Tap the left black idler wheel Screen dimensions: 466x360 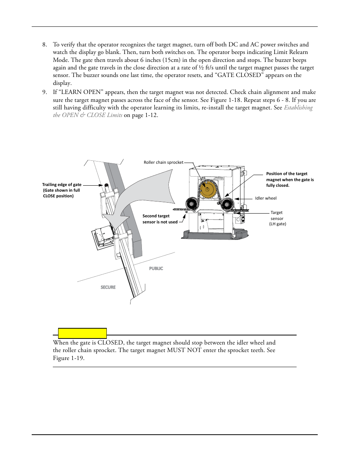192,204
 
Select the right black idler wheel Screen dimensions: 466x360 227,204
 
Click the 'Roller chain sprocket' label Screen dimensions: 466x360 163,163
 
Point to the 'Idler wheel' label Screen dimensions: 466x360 266,198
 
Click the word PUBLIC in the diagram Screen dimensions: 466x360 156,269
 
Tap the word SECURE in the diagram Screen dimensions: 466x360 108,288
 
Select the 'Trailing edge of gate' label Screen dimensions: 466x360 62,185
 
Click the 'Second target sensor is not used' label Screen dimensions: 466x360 160,219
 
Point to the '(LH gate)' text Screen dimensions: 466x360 277,224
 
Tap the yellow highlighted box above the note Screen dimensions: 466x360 82,333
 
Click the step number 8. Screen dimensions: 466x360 45,45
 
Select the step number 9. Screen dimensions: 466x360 45,92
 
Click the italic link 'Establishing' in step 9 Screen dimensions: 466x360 298,108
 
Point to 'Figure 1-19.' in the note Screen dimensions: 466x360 69,358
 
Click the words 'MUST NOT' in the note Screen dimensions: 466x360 184,351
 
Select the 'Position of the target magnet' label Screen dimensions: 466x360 289,180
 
